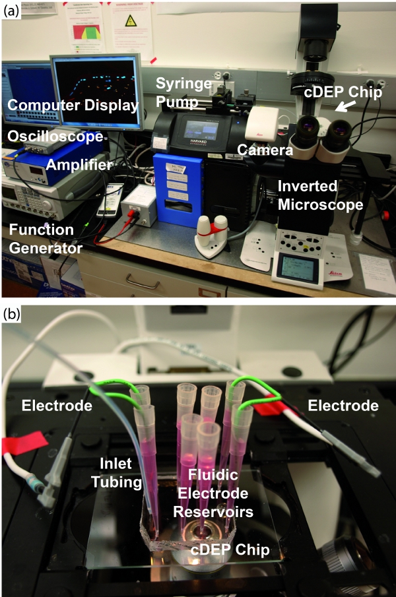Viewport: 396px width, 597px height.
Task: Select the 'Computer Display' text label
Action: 73,106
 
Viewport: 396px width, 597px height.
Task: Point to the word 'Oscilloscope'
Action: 55,137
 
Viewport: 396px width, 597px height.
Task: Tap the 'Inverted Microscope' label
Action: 320,195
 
